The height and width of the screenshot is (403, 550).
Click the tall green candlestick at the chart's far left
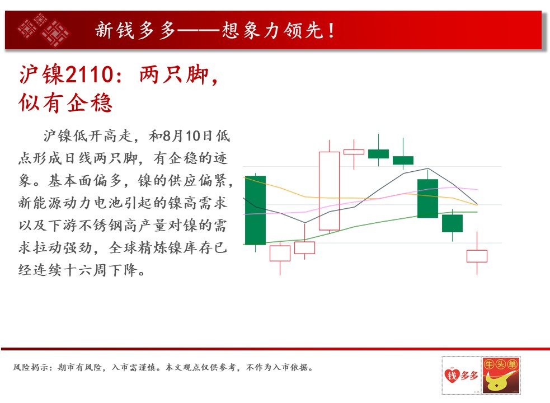(x=255, y=210)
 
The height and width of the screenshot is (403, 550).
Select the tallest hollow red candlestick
(x=330, y=191)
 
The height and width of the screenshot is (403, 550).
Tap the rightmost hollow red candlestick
(x=477, y=256)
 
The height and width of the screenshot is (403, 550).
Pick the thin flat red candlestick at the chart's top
(x=354, y=152)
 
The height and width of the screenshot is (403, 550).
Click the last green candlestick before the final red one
(x=452, y=223)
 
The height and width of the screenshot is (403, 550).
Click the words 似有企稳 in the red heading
(x=65, y=103)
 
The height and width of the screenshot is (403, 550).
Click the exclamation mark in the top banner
(x=331, y=30)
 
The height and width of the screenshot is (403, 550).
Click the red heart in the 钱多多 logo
(x=452, y=375)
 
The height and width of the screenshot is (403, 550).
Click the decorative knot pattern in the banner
(x=44, y=30)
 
